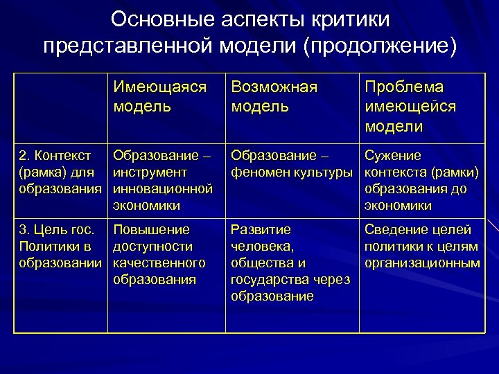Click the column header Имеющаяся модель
160,98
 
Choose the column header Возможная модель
274,98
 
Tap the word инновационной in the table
161,188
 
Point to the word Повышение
150,229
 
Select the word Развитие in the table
261,229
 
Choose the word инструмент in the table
150,171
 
